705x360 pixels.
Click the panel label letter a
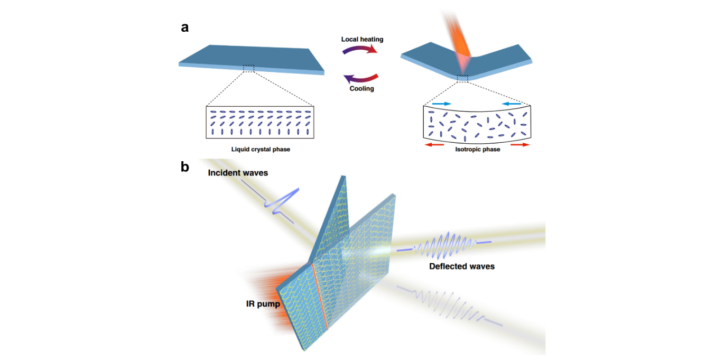[x=185, y=27]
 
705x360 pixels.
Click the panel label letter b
[x=185, y=167]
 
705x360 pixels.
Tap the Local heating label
[x=362, y=39]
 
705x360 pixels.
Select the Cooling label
[x=361, y=88]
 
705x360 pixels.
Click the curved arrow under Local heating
[x=360, y=48]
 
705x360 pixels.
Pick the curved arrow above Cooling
[x=360, y=79]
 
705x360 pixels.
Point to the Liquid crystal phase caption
[x=261, y=149]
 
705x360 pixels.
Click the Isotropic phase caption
[x=477, y=149]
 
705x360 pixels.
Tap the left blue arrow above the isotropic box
[x=442, y=104]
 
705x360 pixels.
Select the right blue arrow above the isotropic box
[x=512, y=104]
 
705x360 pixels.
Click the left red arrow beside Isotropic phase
[x=434, y=145]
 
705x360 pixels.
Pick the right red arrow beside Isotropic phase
[x=520, y=145]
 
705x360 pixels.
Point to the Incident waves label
[x=238, y=173]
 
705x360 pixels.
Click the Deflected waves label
[x=462, y=266]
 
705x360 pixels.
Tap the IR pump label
[x=263, y=304]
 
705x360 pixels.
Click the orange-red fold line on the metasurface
[x=320, y=297]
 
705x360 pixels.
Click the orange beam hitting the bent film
[x=459, y=41]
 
